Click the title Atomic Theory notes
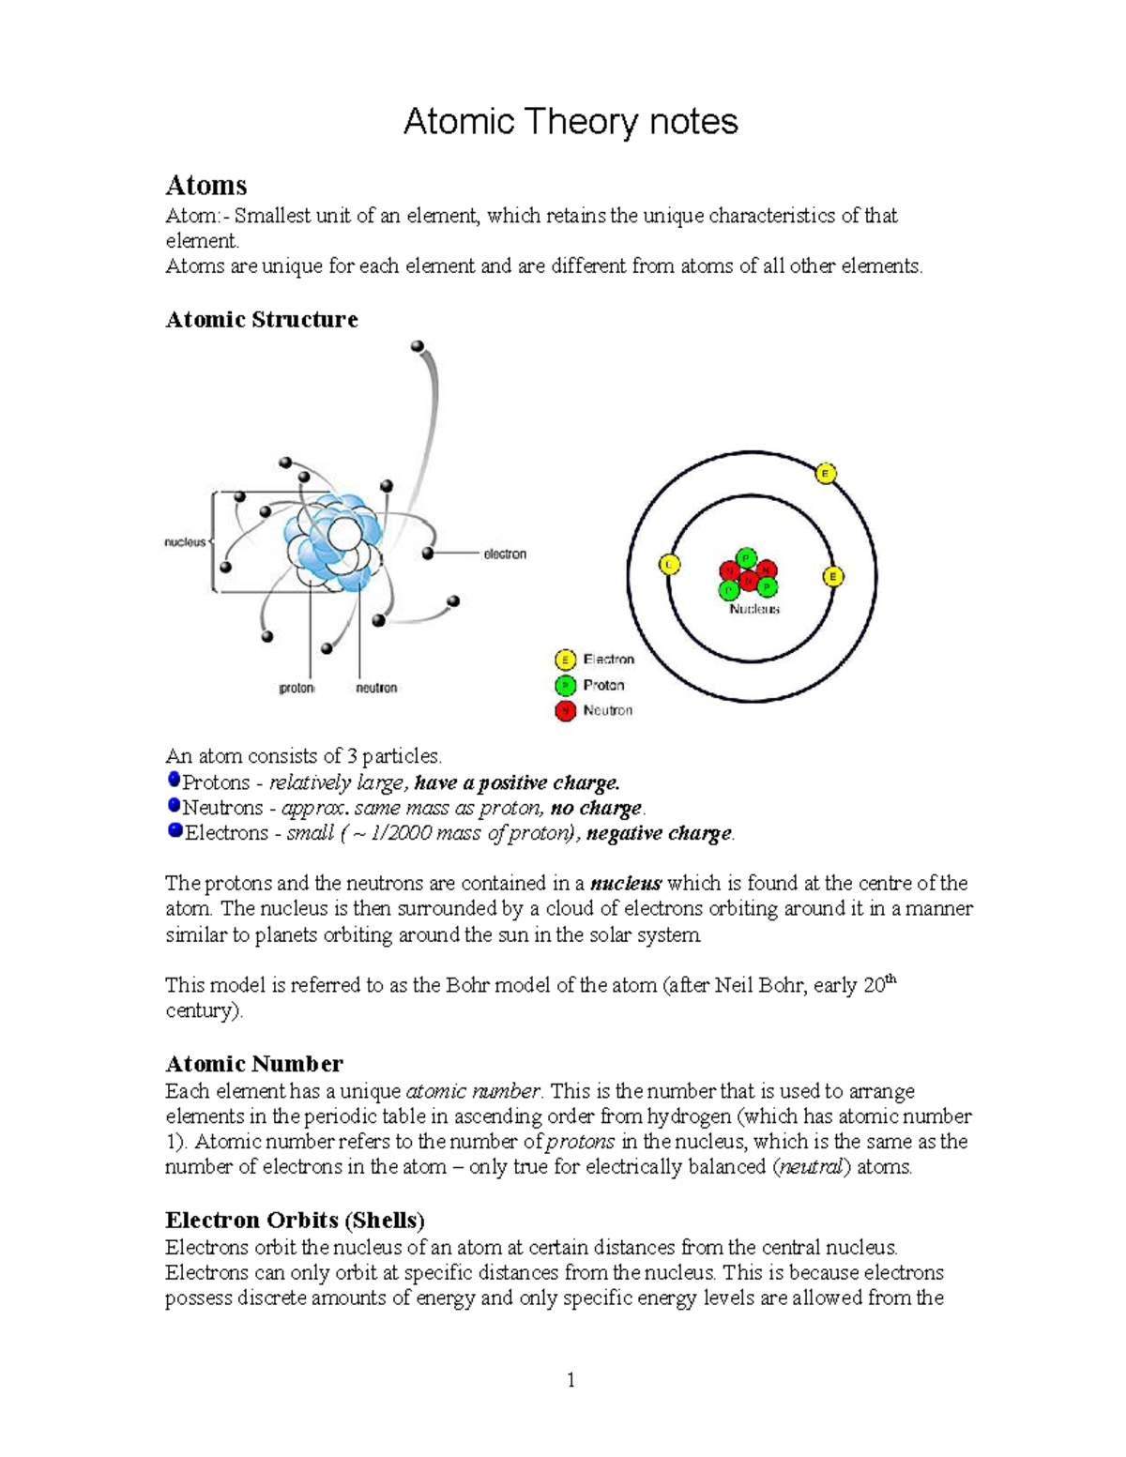coord(571,122)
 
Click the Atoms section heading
coord(205,185)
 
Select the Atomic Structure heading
coord(261,320)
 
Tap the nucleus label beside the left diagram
coord(185,542)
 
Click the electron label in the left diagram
coord(505,554)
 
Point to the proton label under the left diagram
coord(297,688)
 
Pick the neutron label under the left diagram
coord(376,688)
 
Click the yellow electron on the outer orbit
coord(826,474)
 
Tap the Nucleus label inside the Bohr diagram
coord(754,609)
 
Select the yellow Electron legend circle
coord(565,660)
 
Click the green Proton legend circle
coord(565,685)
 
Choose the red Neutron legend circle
coord(565,710)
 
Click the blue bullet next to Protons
coord(174,780)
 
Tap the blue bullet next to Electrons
coord(175,830)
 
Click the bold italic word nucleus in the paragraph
coord(626,884)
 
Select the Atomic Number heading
coord(253,1064)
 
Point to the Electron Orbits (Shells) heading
coord(295,1221)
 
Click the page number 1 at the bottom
coord(571,1380)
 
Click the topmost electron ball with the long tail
coord(418,347)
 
